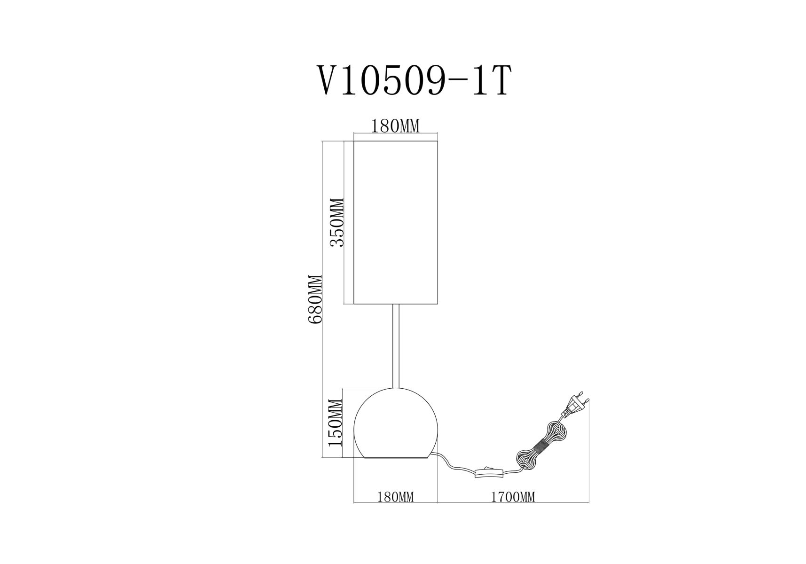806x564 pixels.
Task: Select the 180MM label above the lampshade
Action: coord(395,126)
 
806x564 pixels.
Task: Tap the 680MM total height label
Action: coord(314,299)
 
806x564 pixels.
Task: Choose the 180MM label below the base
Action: coord(395,497)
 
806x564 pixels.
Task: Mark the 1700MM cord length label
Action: coord(513,497)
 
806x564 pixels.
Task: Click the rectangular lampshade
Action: coord(395,222)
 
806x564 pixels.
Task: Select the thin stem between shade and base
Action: coord(395,346)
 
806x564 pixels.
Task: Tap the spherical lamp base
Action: coord(395,423)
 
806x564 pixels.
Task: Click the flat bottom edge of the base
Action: coord(395,458)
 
